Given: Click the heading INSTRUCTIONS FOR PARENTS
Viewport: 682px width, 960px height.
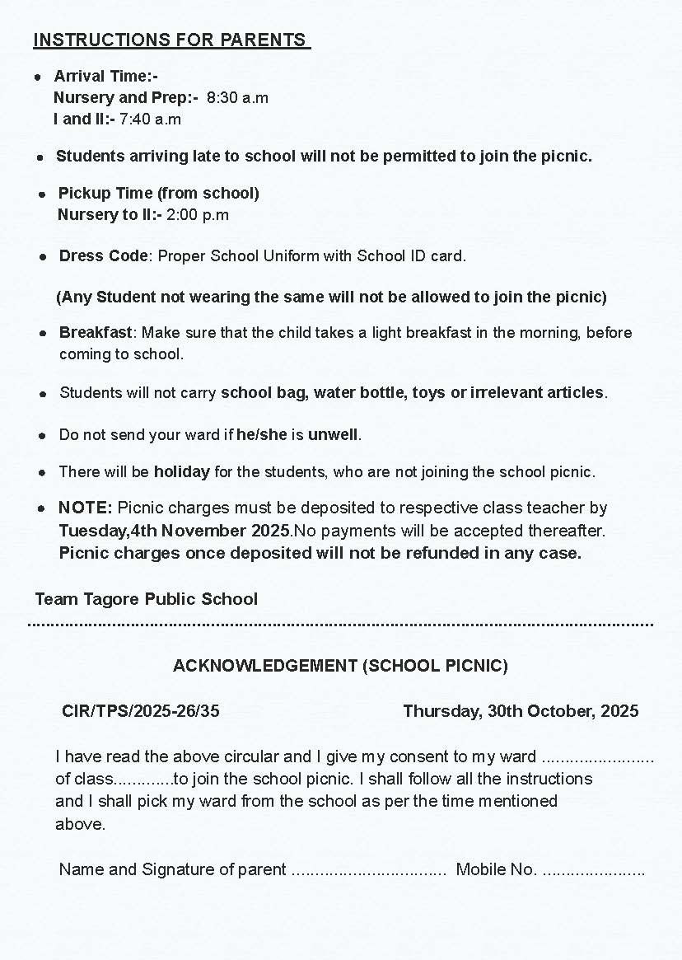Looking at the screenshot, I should click(170, 40).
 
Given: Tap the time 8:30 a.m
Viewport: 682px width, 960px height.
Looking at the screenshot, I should click(237, 98).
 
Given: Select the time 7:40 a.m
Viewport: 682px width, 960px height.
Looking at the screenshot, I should click(150, 119).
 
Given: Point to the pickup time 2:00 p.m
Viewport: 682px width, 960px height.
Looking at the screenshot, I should click(198, 215).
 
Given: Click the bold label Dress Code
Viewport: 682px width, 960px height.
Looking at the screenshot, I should click(103, 256).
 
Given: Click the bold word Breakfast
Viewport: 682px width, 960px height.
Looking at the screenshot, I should click(95, 333).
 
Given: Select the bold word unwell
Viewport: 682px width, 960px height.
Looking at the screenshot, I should click(334, 434).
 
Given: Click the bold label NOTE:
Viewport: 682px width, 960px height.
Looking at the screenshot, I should click(85, 508).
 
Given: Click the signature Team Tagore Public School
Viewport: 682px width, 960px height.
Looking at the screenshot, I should click(147, 599).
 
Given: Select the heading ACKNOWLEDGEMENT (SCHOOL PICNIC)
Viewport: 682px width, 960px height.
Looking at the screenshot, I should click(340, 666).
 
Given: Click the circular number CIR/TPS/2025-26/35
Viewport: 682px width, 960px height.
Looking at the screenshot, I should click(141, 711).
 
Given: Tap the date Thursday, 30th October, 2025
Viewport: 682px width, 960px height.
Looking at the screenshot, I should click(521, 711).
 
